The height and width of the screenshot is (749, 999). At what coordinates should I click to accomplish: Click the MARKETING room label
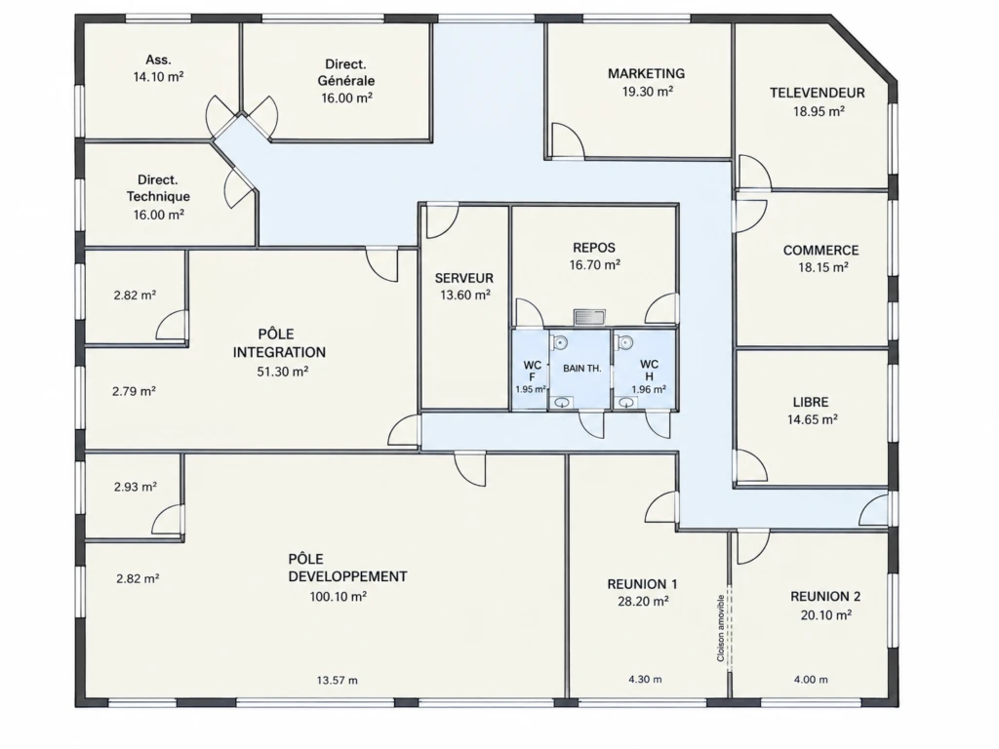[646, 73]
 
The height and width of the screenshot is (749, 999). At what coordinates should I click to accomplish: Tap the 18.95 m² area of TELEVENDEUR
[819, 111]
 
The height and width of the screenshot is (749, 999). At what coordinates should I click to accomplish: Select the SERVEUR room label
[463, 278]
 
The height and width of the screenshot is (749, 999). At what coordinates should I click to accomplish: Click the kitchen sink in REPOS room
[589, 317]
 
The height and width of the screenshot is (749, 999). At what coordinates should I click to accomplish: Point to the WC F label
[532, 371]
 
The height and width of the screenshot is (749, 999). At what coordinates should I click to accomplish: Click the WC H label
[649, 370]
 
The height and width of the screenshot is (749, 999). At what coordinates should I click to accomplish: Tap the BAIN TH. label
[581, 368]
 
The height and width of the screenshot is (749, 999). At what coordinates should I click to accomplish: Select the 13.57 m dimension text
[337, 680]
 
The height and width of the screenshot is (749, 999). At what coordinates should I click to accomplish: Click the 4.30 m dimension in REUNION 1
[645, 679]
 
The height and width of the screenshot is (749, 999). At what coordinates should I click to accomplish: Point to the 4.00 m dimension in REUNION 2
[811, 680]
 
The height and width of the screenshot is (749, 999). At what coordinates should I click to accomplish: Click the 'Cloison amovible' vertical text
[721, 628]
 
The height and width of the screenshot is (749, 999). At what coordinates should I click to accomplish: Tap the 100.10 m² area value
[338, 597]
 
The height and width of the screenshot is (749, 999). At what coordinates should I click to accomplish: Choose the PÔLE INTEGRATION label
[279, 342]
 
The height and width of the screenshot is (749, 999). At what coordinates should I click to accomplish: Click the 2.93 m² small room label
[135, 487]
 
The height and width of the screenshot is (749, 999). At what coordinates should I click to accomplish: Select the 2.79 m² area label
[134, 391]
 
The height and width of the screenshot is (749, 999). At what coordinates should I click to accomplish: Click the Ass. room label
[158, 59]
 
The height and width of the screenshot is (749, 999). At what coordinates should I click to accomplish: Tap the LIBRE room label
[811, 402]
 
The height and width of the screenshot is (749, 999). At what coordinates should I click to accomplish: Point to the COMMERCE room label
[820, 251]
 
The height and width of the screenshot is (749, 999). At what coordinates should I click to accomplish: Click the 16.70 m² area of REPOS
[594, 265]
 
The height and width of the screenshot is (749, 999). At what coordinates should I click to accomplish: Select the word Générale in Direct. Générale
[346, 81]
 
